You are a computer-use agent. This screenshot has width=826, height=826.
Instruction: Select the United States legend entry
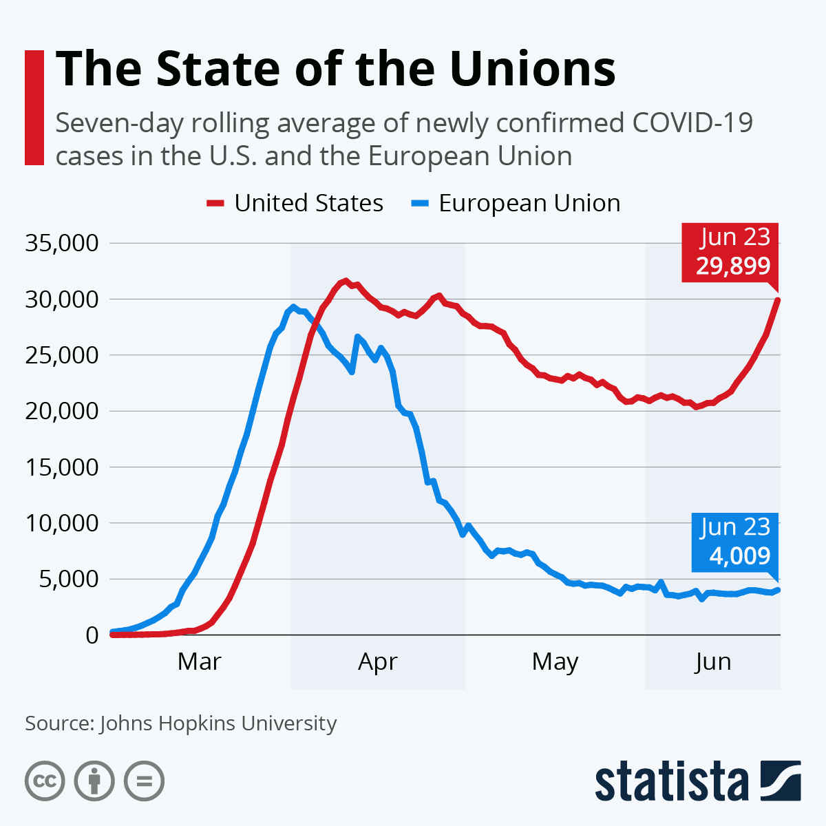coord(295,203)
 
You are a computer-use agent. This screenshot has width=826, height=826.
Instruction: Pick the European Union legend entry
coord(516,203)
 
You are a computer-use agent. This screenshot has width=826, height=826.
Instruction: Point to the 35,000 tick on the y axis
coord(62,243)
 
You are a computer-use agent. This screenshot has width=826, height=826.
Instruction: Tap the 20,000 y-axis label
coord(62,411)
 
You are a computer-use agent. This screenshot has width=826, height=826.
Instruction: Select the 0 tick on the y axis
coord(92,635)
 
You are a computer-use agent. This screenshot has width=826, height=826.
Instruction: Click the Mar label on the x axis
coord(199,661)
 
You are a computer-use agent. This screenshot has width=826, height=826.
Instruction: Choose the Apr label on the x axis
coord(378,661)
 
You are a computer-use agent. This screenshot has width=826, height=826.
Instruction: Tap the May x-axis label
coord(555,661)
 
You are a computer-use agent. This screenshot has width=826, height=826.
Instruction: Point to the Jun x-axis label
coord(712,661)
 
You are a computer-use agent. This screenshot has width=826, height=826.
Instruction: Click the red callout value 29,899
coord(732,266)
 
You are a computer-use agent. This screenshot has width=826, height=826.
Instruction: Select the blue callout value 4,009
coord(739,555)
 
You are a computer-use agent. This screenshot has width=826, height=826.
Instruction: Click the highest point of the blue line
coord(293,307)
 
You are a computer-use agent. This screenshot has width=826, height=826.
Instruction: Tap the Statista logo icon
coord(781,781)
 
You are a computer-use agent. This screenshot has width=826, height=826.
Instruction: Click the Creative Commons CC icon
coord(45,781)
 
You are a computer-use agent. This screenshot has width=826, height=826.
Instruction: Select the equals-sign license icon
coord(144,781)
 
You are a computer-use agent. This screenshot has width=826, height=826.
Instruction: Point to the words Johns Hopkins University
coord(218,723)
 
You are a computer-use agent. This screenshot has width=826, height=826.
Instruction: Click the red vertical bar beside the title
coord(34,107)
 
